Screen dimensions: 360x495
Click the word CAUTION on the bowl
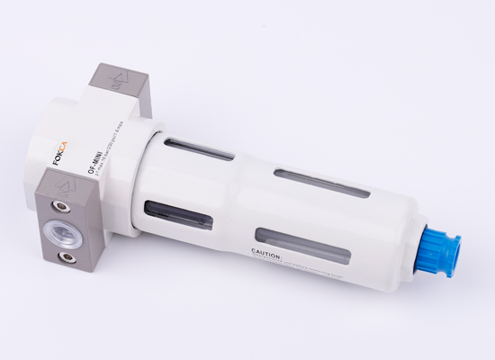tap(267, 257)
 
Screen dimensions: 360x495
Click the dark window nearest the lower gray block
tap(181, 216)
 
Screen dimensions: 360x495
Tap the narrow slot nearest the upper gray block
tap(200, 148)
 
